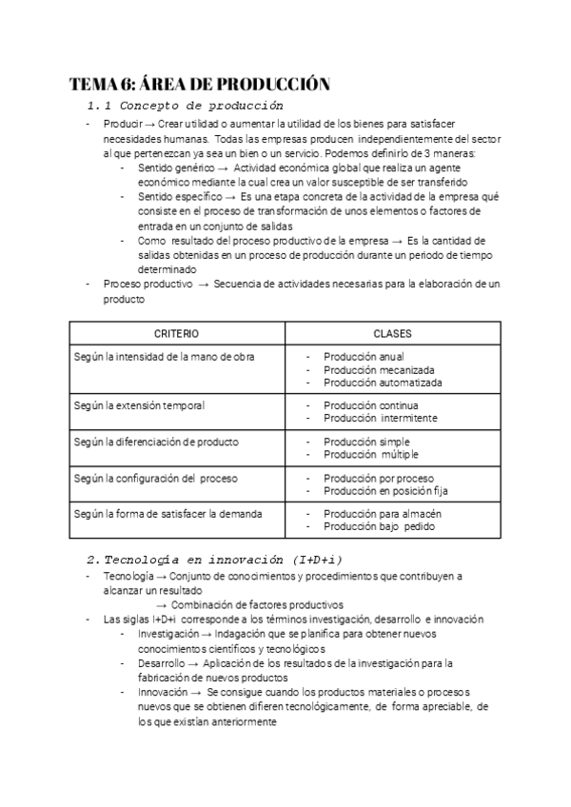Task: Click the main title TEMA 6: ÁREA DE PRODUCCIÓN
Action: click(x=200, y=84)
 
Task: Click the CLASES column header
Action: click(x=392, y=334)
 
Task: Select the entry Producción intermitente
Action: click(x=380, y=418)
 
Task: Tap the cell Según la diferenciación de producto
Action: click(x=156, y=442)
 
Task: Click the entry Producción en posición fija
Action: click(x=384, y=491)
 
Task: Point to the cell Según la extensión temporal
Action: click(x=139, y=405)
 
